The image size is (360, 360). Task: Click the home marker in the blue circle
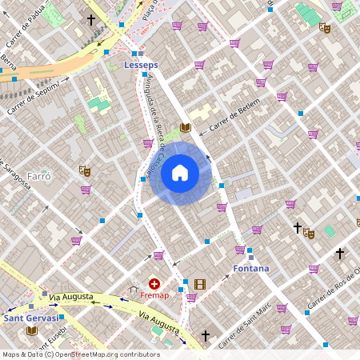click(180, 172)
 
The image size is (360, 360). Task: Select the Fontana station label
click(250, 268)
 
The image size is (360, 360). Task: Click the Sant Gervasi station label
click(30, 318)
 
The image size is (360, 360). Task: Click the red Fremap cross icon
click(154, 284)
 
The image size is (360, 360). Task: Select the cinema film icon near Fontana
click(199, 284)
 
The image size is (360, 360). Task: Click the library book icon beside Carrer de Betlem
click(186, 127)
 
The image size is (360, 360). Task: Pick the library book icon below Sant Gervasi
click(32, 330)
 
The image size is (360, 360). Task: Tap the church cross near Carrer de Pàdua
click(91, 19)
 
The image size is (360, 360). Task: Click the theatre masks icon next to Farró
click(84, 170)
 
